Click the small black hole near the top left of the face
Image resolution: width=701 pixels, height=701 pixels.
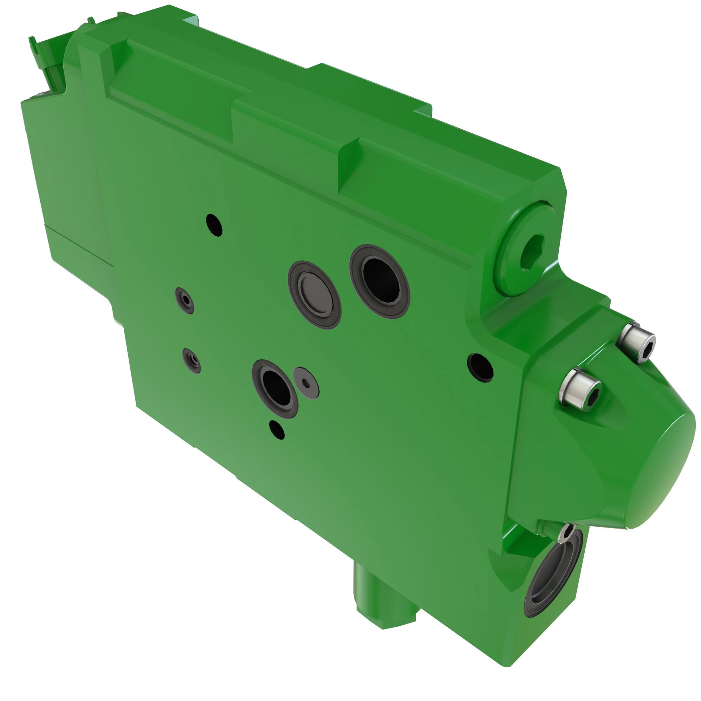214,225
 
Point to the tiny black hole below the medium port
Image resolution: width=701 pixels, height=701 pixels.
277,430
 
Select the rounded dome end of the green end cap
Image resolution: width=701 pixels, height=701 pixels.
664,472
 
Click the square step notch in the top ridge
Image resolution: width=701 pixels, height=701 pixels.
348,167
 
